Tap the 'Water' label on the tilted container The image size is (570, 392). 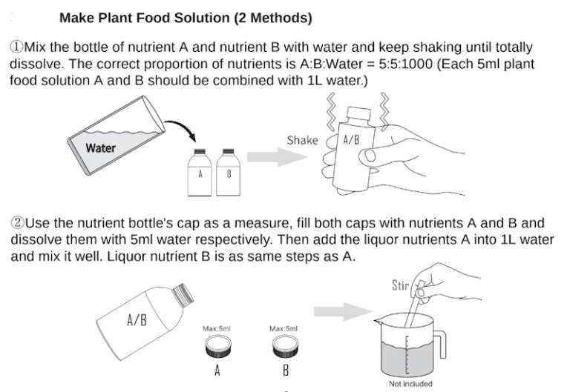[x=100, y=147]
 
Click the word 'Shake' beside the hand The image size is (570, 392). [x=302, y=140]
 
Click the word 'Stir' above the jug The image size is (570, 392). [x=402, y=285]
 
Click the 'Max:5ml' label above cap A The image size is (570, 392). [x=217, y=328]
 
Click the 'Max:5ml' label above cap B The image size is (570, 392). [x=284, y=328]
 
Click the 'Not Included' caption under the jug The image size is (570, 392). [x=410, y=384]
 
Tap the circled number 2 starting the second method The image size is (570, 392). [x=16, y=222]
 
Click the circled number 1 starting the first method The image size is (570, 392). [x=16, y=47]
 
